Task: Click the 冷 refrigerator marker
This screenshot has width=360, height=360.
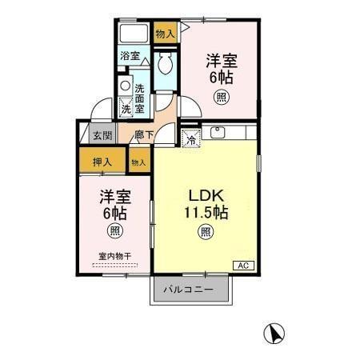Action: (x=190, y=138)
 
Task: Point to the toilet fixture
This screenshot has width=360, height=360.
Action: (x=167, y=64)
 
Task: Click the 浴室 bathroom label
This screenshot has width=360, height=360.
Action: (x=130, y=56)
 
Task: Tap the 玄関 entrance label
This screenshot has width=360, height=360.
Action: (x=101, y=135)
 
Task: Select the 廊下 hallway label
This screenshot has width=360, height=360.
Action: (x=144, y=135)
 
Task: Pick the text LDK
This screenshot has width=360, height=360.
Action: (x=205, y=197)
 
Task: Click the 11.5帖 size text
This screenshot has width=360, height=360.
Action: (x=205, y=214)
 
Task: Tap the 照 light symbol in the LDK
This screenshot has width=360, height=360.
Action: (x=205, y=233)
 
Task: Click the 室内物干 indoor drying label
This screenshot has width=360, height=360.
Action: (x=115, y=256)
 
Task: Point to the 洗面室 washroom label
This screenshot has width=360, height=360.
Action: (x=139, y=98)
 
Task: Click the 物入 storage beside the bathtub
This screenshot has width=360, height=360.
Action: (x=165, y=34)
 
